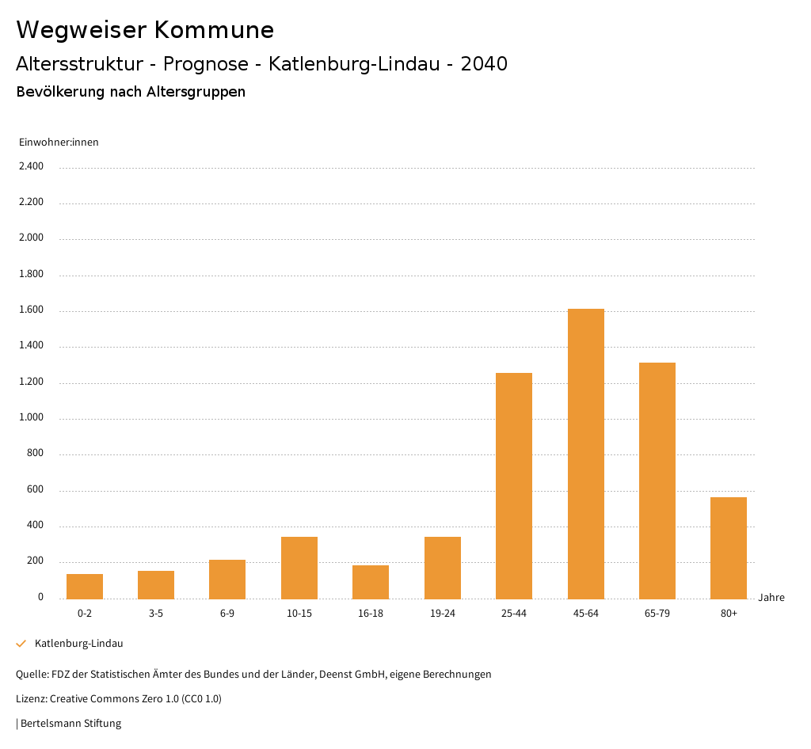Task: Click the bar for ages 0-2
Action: (85, 586)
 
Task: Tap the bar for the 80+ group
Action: (729, 548)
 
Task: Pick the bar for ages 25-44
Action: (514, 485)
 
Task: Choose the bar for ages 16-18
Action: (371, 582)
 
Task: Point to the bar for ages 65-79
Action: (657, 481)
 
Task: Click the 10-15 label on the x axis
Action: (299, 614)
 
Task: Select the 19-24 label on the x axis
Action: (443, 614)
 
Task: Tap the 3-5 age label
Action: (156, 614)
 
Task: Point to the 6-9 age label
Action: (227, 614)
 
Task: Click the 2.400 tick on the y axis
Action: (32, 166)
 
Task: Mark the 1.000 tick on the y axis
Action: (32, 418)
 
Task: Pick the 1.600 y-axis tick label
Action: (32, 310)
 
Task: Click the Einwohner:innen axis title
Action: (59, 143)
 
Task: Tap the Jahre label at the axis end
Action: (771, 598)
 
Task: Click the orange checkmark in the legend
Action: (21, 644)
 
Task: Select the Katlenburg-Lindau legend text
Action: (79, 644)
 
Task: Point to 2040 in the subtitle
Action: (484, 64)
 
